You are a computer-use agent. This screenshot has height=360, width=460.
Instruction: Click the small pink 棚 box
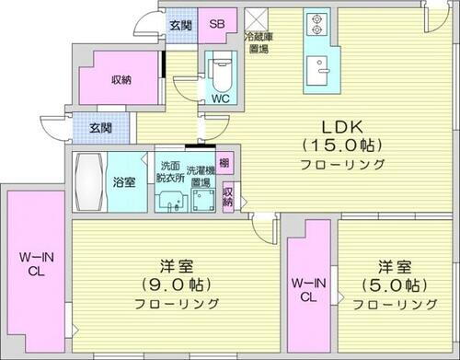pos(225,164)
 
